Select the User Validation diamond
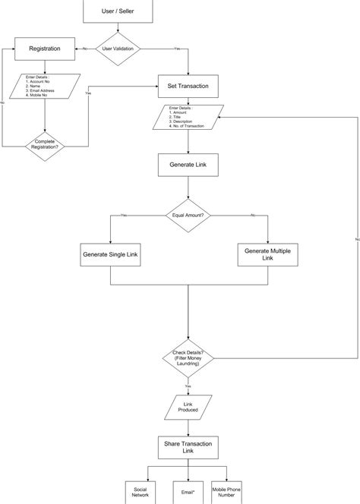(117, 49)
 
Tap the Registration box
(45, 49)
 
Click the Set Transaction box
(188, 86)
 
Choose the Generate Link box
(188, 165)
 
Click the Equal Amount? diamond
(188, 216)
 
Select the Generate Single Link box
(112, 254)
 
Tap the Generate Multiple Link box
(267, 254)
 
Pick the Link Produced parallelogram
(188, 407)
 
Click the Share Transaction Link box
(188, 447)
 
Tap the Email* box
(188, 492)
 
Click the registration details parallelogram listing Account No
(45, 86)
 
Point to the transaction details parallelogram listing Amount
(188, 118)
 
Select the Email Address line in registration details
(43, 90)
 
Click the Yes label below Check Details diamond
(188, 386)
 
